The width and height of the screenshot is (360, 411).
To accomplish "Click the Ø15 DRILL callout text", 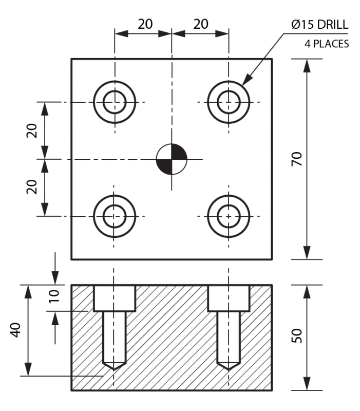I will point(319,24).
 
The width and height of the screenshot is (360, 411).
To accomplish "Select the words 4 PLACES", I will point(327,44).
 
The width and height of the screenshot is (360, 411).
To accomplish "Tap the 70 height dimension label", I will point(296,159).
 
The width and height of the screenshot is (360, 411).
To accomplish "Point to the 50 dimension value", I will point(296,336).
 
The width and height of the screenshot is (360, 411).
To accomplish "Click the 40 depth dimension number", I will point(16,329).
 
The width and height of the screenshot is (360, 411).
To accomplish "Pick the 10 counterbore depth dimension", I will point(55,295).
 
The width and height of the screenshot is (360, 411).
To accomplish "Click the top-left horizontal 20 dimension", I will point(145,24).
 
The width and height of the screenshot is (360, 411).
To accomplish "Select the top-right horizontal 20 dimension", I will point(201,24).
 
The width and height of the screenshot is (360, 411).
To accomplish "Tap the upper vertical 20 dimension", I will point(32,130).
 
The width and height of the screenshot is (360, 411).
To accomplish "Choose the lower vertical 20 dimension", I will point(32,186).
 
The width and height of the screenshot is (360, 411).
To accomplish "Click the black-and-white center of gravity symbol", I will point(172,159).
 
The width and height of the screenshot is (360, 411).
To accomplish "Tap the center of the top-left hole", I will point(115,102).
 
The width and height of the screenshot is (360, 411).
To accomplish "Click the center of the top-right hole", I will point(229,102).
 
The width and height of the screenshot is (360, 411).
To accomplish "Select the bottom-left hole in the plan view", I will point(115,216).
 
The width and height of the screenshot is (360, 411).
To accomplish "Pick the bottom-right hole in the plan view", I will point(229,216).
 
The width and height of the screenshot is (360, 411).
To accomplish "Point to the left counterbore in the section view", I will point(115,298).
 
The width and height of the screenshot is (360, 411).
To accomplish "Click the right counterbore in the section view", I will point(229,298).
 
